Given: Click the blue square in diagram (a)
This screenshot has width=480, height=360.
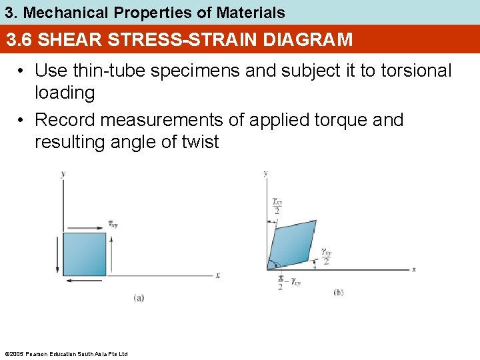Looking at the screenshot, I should (x=85, y=254).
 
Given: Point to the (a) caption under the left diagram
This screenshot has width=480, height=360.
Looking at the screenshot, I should (x=138, y=297).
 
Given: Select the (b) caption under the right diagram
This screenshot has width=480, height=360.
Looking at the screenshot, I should (x=338, y=292).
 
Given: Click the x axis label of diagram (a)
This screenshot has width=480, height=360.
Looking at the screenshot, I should (x=217, y=275).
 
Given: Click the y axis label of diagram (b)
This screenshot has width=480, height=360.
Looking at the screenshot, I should (x=265, y=173).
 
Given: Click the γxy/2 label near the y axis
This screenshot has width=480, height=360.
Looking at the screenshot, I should (x=276, y=206).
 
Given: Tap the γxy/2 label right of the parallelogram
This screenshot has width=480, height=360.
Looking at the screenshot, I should (x=325, y=257).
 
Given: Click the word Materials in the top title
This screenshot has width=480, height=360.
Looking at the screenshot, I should (x=251, y=12).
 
